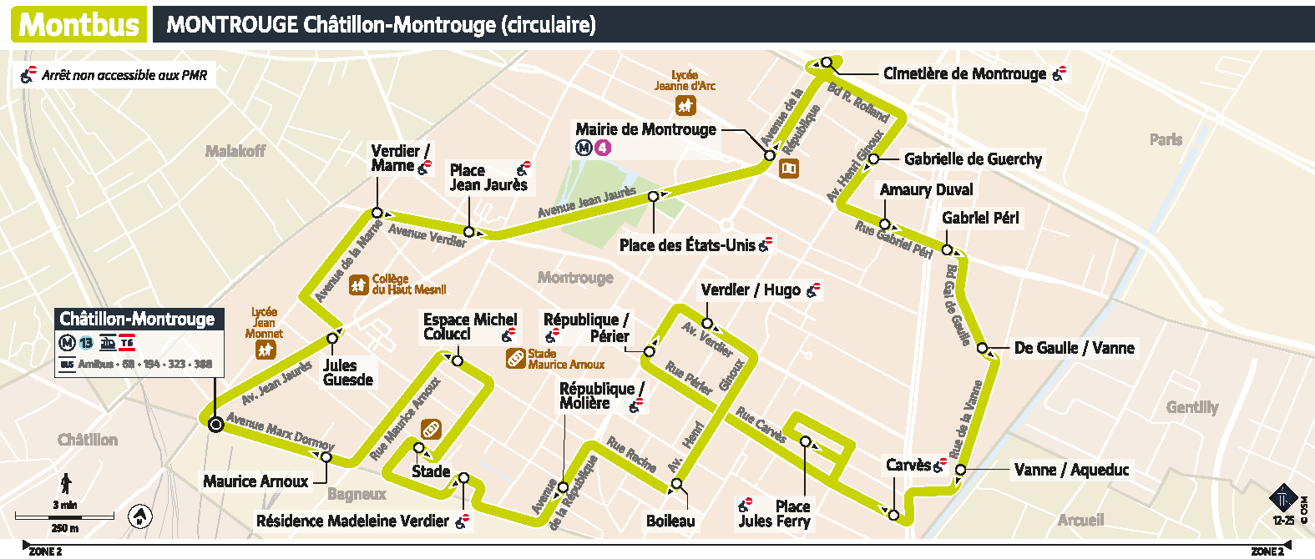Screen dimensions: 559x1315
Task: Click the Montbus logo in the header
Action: coord(79,24)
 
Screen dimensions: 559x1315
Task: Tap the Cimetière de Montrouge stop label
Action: coord(964,74)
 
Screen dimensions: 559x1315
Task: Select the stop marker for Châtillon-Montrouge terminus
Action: coord(215,425)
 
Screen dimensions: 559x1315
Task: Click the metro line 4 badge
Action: coord(603,149)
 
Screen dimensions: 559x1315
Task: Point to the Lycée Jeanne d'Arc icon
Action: coord(685,105)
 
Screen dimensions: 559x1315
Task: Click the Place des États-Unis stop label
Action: coord(686,245)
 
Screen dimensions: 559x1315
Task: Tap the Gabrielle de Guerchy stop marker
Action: coord(873,159)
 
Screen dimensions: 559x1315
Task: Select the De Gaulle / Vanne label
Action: coord(1074,348)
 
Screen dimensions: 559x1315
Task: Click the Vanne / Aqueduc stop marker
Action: coord(960,471)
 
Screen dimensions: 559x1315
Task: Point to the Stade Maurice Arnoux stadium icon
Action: coord(516,359)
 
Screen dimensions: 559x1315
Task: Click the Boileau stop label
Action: coord(670,521)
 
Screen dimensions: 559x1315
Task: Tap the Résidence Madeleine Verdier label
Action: coord(352,521)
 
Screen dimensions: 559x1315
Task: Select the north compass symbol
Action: coord(140,517)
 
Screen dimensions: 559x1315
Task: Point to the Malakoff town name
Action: coord(235,151)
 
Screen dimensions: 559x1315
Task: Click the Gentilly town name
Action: coord(1191,407)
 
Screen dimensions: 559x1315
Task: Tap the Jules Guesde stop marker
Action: coord(332,338)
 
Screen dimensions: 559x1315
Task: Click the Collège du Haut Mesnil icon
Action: coord(359,285)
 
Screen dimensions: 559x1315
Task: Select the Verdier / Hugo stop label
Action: coord(751,290)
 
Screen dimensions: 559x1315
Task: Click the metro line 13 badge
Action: coord(86,343)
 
